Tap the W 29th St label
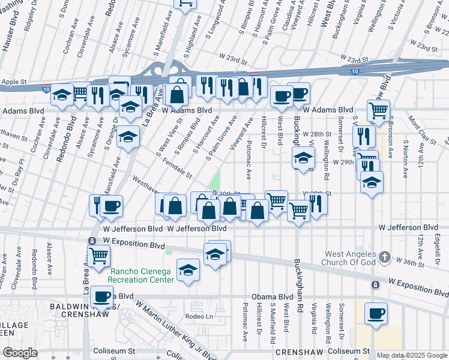click(x=336, y=162)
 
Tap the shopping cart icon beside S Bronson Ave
click(x=379, y=110)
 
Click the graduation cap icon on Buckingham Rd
click(x=304, y=159)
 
